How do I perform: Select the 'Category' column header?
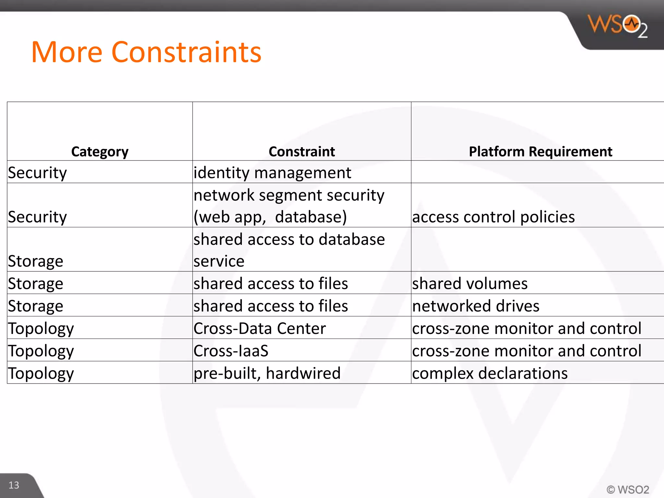(100, 151)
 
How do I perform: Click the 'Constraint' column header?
(302, 151)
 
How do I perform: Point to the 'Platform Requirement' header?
(540, 151)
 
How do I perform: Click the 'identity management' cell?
(272, 172)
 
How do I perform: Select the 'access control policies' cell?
(493, 217)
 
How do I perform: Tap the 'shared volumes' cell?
(470, 283)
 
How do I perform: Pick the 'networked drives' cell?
(476, 306)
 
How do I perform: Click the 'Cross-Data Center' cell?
(259, 328)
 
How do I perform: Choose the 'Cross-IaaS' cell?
(231, 350)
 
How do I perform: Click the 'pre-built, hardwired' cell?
(267, 373)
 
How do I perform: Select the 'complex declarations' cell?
(490, 373)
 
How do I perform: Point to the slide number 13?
(14, 485)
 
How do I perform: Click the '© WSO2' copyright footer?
(628, 489)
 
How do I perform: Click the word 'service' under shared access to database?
(219, 261)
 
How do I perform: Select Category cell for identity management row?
(37, 172)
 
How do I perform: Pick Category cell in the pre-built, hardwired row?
(41, 373)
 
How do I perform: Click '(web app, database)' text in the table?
(270, 217)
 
